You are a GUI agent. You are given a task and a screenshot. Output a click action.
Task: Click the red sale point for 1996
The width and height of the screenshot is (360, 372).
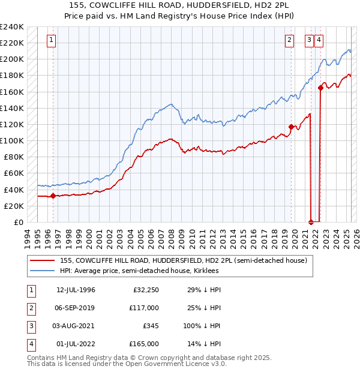(53, 196)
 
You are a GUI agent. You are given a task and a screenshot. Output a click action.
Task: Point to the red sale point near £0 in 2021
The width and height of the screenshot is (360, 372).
(311, 221)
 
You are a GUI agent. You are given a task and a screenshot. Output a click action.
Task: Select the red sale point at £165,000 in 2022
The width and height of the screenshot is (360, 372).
(320, 88)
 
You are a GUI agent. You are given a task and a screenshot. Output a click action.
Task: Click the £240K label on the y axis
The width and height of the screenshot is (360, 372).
(12, 27)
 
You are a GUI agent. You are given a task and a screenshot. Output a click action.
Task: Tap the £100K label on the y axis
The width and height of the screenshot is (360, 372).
(12, 140)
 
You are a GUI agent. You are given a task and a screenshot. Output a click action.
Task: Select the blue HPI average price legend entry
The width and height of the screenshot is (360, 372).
(139, 271)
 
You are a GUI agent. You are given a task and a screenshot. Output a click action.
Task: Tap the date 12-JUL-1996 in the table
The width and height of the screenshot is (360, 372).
(76, 290)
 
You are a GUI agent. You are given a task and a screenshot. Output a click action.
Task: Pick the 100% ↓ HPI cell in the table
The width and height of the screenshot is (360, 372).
(200, 326)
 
